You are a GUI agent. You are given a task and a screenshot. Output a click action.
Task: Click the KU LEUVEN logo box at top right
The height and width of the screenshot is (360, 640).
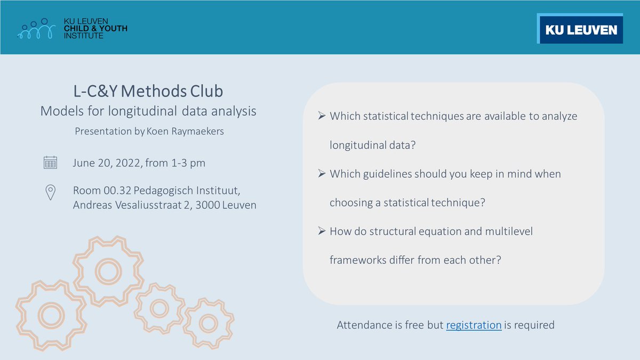[x=580, y=29]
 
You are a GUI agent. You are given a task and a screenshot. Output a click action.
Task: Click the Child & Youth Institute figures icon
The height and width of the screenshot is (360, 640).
[x=36, y=29]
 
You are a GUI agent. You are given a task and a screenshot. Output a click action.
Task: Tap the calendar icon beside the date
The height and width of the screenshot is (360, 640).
[x=50, y=163]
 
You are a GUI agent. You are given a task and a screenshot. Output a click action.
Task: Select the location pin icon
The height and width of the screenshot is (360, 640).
[x=50, y=191]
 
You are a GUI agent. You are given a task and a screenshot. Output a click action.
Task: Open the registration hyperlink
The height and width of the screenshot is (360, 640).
[x=474, y=325]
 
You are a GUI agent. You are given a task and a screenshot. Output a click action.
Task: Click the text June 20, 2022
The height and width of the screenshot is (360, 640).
[x=107, y=163]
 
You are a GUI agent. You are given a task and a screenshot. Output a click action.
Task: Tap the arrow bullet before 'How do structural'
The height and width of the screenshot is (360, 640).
[x=322, y=231]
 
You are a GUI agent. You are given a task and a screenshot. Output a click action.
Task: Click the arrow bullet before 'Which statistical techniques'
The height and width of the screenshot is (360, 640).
[x=322, y=115]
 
